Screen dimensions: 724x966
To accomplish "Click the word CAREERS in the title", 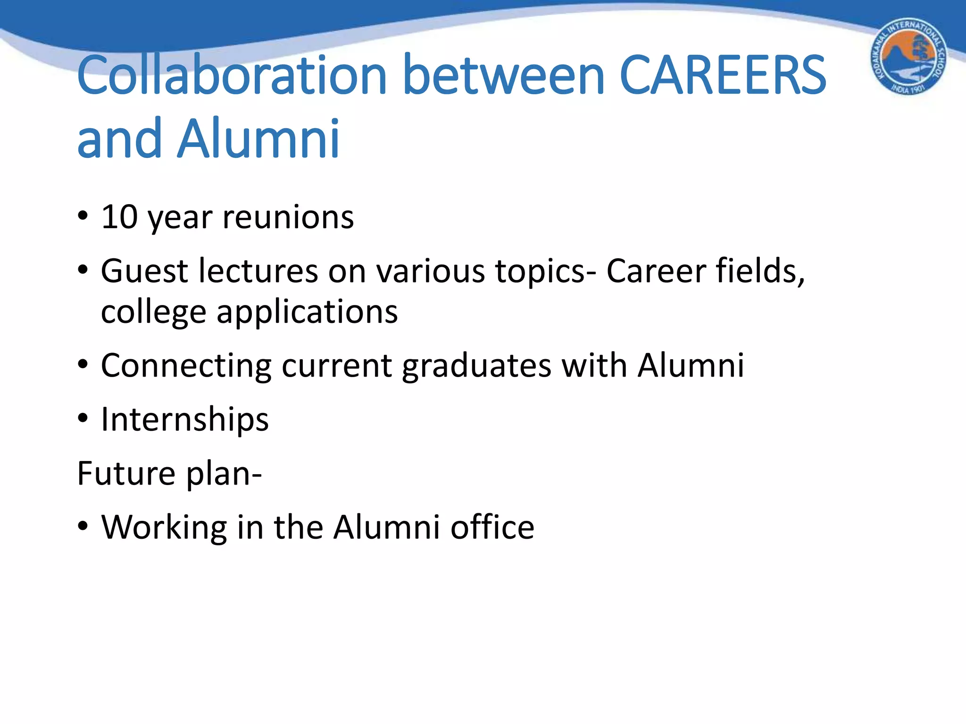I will coord(722,75).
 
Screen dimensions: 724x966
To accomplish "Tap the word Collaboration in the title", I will coord(231,75).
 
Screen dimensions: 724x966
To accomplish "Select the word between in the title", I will coord(503,75).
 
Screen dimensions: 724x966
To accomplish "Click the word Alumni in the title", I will coord(258,139).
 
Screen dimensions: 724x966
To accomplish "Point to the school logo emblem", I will coord(908,57).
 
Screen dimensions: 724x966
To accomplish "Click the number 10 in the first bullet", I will coord(119,217).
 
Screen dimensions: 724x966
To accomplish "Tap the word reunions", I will coord(288,217).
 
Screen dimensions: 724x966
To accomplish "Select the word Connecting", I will coord(186,366).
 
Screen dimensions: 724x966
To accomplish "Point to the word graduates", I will coord(476,366).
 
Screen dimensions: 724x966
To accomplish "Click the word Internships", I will coord(185,420).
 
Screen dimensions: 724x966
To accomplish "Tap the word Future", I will coord(126,473).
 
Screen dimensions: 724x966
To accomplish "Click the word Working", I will coord(164,527).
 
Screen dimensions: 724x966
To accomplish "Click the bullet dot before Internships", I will coord(83,418).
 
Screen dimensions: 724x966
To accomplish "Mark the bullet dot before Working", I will coord(83,526).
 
